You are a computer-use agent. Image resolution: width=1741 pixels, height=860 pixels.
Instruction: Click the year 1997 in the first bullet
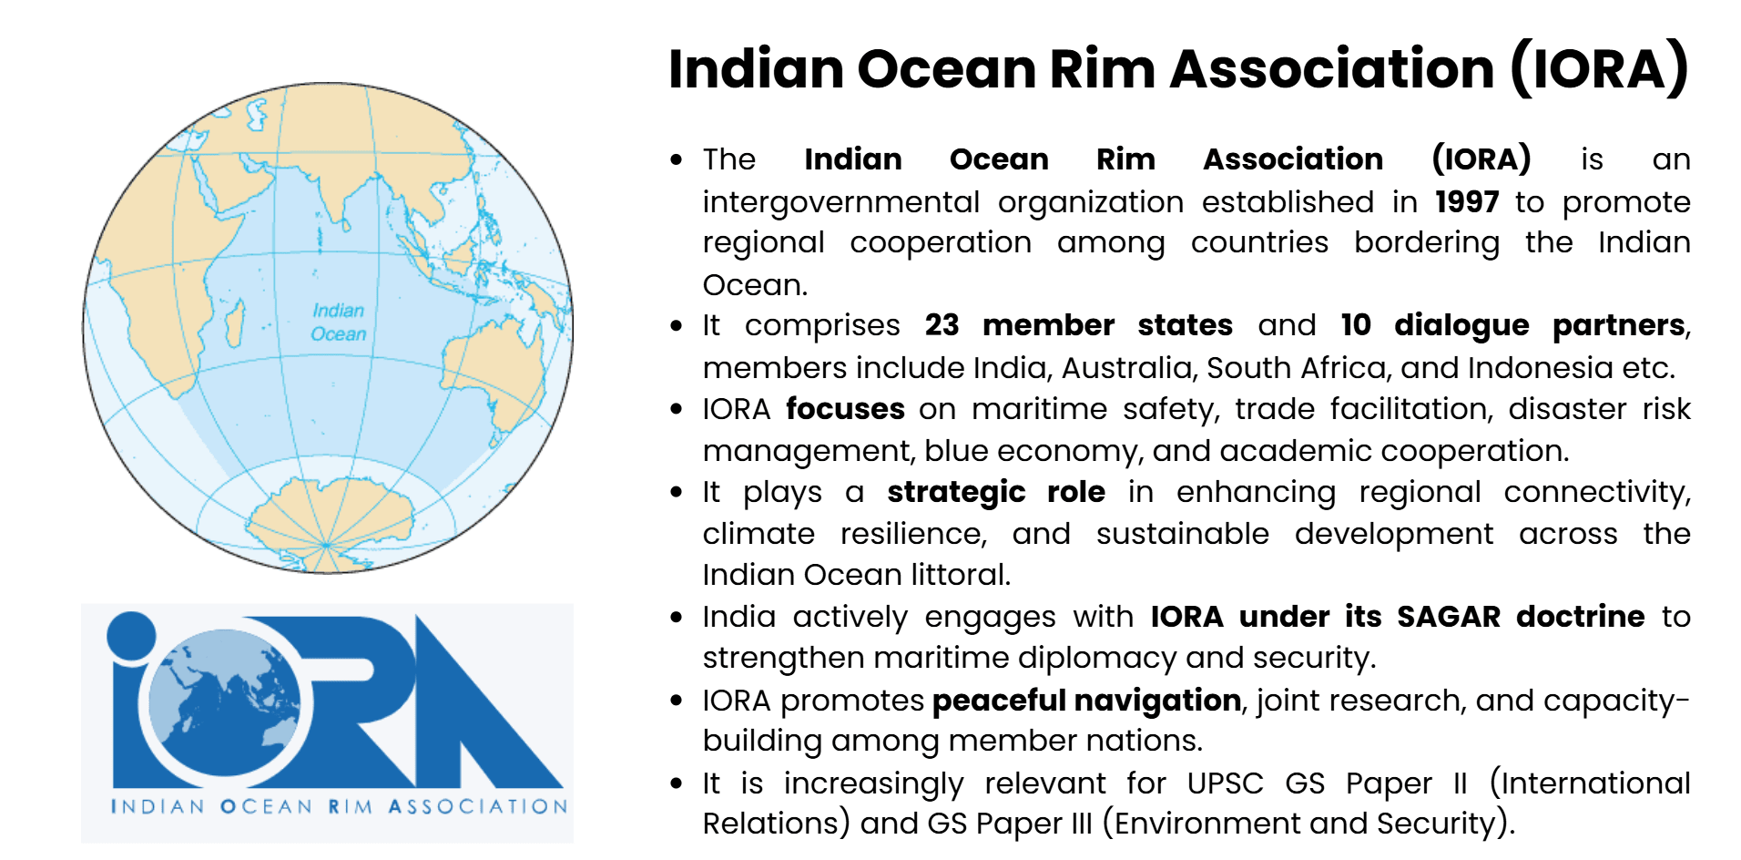[1466, 201]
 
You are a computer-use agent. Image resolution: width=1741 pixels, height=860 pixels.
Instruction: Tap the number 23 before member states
[942, 325]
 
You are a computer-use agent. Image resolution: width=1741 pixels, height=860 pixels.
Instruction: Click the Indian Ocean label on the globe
[338, 322]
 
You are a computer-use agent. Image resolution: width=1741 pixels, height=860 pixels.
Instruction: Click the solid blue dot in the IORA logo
[132, 635]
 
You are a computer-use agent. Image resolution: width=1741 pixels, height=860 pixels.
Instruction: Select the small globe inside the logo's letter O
[224, 701]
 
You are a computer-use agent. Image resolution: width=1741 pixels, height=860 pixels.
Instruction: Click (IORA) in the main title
[1599, 69]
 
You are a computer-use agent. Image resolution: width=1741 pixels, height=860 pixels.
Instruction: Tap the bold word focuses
[845, 409]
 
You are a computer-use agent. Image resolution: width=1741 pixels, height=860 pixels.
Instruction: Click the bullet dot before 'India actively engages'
[676, 617]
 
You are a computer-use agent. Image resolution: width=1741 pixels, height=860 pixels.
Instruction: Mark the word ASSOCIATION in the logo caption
[477, 807]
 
